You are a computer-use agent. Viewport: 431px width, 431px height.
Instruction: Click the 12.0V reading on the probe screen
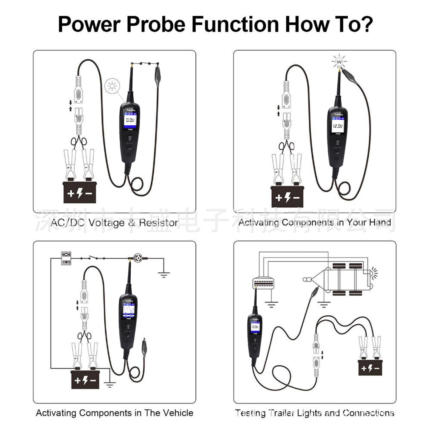coord(338,126)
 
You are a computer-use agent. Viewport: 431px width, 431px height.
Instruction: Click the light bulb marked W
coord(339,62)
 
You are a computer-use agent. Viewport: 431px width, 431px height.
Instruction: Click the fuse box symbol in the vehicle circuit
coord(66,258)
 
